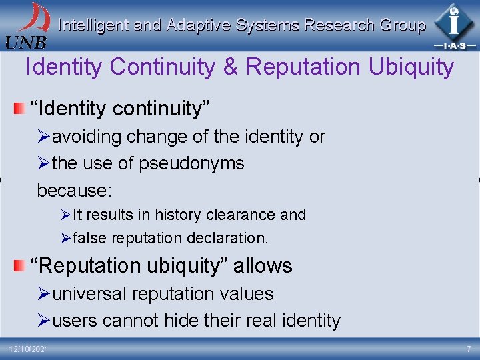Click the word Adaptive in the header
[x=195, y=25]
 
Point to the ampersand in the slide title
[x=230, y=67]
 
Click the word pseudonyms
[x=198, y=163]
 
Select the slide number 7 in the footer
[x=468, y=349]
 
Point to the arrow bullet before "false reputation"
[x=65, y=238]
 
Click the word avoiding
[x=87, y=137]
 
